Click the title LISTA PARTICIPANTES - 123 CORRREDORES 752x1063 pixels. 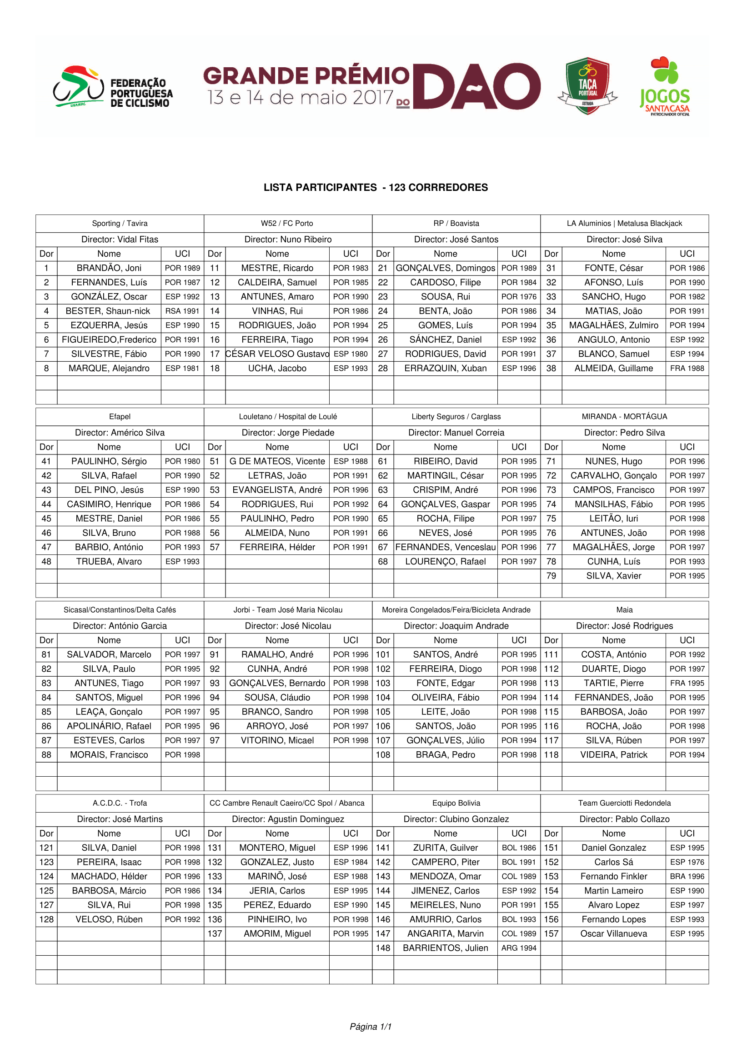click(x=376, y=188)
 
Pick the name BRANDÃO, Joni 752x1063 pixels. click(x=109, y=268)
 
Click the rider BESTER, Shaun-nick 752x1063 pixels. click(x=109, y=311)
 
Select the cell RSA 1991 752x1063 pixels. click(x=182, y=311)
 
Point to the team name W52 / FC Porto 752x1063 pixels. click(x=287, y=224)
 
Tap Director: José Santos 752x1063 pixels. click(x=456, y=240)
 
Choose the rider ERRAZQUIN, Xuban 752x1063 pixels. click(x=446, y=369)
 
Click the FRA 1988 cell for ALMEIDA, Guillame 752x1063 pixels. click(x=687, y=369)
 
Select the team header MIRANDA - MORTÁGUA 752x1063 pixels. click(x=624, y=417)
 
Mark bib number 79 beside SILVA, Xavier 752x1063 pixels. click(x=551, y=576)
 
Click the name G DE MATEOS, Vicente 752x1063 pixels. click(x=277, y=462)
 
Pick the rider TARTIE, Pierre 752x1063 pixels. click(x=613, y=684)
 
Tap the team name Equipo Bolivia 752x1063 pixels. click(x=456, y=803)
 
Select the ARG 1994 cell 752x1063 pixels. click(x=519, y=948)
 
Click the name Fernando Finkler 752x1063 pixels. click(x=613, y=876)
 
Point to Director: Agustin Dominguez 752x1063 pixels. click(x=288, y=819)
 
